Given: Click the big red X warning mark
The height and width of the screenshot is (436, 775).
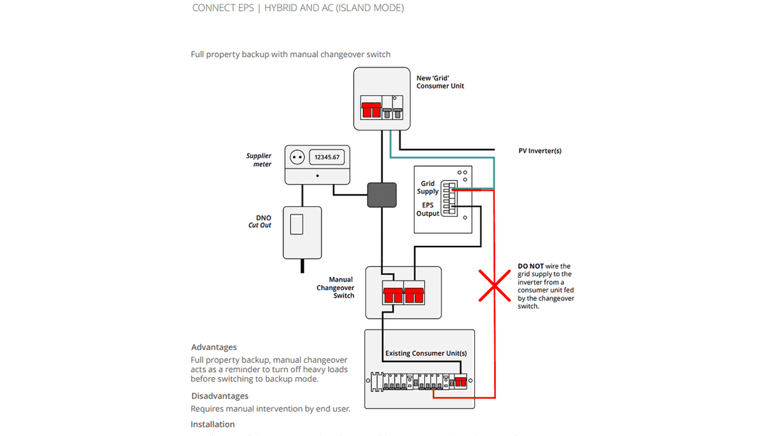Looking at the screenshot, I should coord(495,286).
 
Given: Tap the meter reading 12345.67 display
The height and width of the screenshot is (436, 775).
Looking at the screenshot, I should coord(327,157).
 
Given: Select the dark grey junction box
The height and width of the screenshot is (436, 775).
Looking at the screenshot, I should coord(382,195).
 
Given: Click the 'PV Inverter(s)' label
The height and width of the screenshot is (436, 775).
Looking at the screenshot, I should coord(539,151).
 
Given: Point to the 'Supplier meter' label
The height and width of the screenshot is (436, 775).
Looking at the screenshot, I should coord(259,160).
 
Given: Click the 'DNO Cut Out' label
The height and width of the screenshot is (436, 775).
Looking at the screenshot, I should coord(260,221).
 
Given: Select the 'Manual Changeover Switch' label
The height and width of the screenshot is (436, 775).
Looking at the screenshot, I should coord(335,288).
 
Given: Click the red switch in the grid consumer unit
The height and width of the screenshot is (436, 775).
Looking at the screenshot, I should coord(371,110).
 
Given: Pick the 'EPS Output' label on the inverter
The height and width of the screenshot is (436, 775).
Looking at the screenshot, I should coord(427,209).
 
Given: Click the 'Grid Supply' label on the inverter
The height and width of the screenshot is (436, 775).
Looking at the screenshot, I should coord(427,187).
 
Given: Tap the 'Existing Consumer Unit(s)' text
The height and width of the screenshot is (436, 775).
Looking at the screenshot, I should coord(426,353).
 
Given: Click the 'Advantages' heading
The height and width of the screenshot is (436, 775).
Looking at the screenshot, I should coord(214,348).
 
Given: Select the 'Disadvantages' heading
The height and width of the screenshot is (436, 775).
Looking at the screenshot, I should coord(220,396).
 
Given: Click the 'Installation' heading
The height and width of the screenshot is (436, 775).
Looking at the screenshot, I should coord(213,424).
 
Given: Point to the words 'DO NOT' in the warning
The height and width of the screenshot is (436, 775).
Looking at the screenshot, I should coord(530,266).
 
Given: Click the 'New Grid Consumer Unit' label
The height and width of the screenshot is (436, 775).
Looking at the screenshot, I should coord(440,82).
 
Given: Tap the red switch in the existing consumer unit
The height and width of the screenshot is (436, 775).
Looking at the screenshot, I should coord(461,382).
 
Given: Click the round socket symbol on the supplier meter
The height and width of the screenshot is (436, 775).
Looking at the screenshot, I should coord(297,157).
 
